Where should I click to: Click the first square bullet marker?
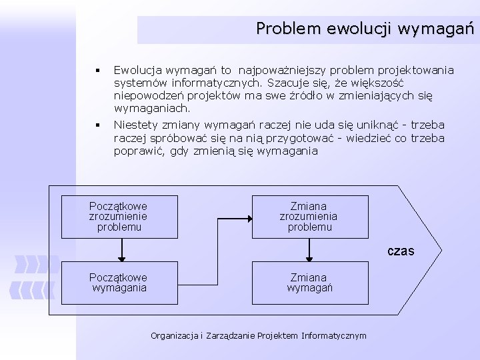[x=97, y=70]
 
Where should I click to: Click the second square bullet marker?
[x=97, y=125]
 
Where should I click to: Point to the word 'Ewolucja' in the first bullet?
[x=133, y=70]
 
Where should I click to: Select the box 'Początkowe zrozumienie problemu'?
[x=120, y=217]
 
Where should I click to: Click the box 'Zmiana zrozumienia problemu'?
[x=309, y=217]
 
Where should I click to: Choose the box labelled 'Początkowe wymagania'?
[x=120, y=283]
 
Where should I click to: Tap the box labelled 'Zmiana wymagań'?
[x=309, y=283]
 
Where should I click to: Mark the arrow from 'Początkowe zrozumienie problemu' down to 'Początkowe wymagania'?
[x=121, y=249]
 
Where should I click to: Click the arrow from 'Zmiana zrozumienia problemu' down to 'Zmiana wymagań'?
[x=309, y=249]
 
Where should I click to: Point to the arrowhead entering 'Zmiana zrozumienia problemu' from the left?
[x=248, y=217]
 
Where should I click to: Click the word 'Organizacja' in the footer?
[x=174, y=335]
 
